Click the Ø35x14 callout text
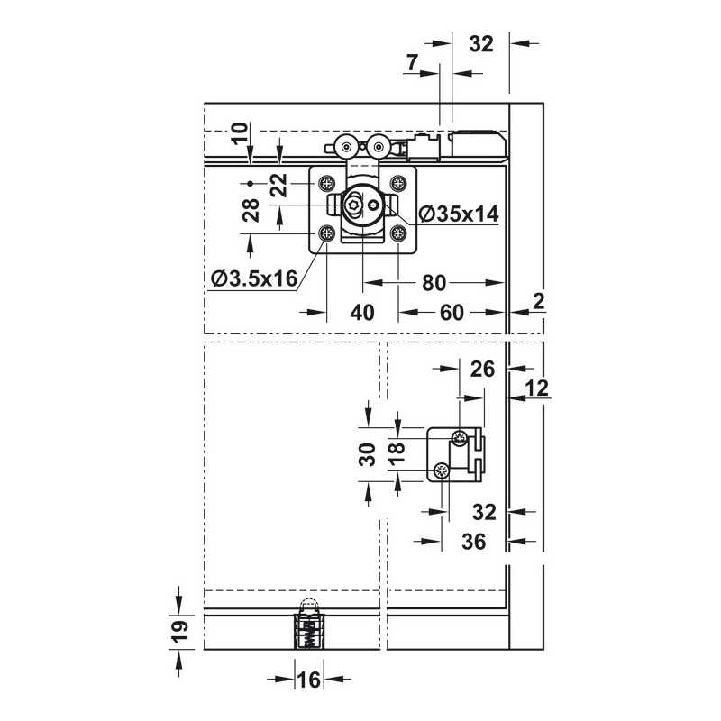(x=459, y=214)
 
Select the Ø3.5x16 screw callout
(x=254, y=278)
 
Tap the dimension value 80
(x=434, y=283)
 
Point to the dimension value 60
(x=452, y=313)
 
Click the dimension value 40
(x=362, y=313)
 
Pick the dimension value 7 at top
(x=413, y=62)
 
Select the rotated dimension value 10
(x=240, y=133)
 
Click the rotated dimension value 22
(x=279, y=185)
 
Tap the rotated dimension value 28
(x=251, y=210)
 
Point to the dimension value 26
(x=482, y=369)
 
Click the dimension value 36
(x=474, y=542)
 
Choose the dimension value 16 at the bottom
(x=308, y=680)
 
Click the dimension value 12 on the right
(x=536, y=388)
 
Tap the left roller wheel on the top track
(x=345, y=147)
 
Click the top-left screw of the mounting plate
(x=327, y=184)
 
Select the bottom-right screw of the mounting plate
(x=397, y=233)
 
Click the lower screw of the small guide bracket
(x=442, y=470)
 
